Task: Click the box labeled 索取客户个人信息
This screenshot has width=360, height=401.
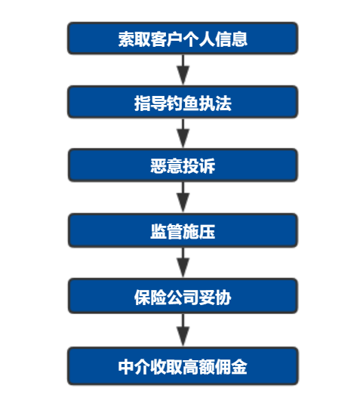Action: [183, 39]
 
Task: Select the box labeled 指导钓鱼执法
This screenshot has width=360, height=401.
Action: [183, 102]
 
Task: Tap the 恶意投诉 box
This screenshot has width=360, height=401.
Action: [183, 165]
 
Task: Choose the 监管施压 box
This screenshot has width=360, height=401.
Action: [183, 230]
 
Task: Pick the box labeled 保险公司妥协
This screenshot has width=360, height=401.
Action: [183, 296]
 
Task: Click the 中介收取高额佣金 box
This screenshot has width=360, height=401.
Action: [183, 366]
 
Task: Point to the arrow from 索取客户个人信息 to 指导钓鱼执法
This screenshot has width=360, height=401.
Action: [183, 69]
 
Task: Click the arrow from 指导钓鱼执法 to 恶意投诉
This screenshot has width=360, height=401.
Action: [183, 133]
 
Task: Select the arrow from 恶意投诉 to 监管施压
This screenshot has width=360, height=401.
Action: [183, 197]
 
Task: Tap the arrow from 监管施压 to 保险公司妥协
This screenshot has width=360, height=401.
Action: [183, 263]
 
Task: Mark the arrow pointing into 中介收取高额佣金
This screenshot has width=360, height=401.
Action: [183, 330]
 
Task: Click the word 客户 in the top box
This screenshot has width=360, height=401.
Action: [167, 39]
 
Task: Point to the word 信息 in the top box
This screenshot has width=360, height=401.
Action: [231, 39]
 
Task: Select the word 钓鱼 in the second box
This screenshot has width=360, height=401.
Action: [183, 103]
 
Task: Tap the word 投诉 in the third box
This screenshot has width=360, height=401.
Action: [199, 166]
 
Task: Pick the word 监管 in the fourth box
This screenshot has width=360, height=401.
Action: [167, 231]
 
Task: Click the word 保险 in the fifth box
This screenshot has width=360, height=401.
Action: [150, 298]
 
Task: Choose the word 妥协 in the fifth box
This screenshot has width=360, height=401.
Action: [215, 298]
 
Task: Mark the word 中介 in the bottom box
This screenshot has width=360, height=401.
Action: [134, 367]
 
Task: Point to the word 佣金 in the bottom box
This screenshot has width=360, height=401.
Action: [231, 367]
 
